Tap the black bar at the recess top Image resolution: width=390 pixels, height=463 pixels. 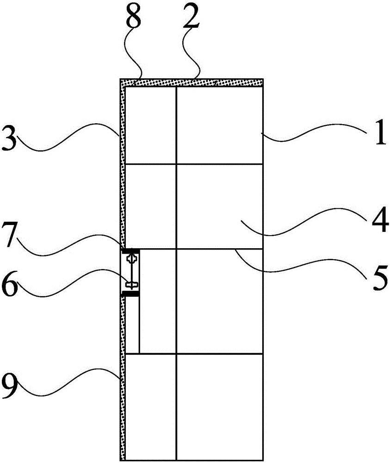click(x=130, y=250)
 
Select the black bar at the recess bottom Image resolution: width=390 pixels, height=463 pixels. click(x=130, y=294)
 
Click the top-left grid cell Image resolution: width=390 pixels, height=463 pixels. click(x=151, y=125)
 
